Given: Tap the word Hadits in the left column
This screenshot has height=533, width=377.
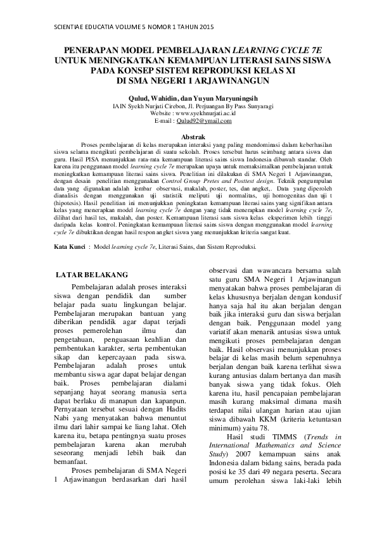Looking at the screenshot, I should (172, 392).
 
